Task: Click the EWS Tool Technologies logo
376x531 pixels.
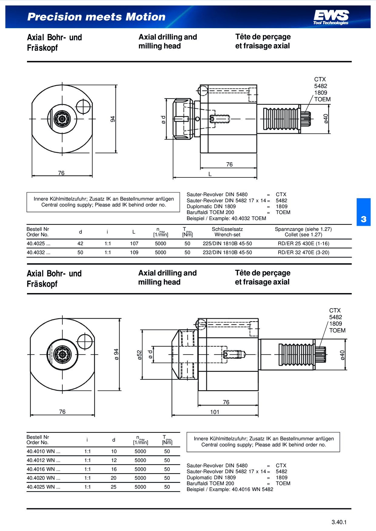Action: (x=331, y=17)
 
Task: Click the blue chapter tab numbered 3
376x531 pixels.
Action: (x=364, y=212)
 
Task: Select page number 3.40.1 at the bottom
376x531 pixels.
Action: (x=339, y=522)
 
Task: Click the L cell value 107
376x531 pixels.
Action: (x=134, y=243)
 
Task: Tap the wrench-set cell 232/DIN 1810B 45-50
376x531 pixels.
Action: (x=227, y=252)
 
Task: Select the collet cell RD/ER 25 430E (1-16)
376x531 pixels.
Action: (x=303, y=243)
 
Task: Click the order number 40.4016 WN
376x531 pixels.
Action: (x=43, y=469)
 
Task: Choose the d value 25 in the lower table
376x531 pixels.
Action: (x=113, y=487)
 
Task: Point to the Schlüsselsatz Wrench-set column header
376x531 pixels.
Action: (x=227, y=232)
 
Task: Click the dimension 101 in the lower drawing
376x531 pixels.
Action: (x=214, y=412)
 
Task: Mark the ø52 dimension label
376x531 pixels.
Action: (x=139, y=355)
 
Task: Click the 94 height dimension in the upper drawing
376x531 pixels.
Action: (x=113, y=119)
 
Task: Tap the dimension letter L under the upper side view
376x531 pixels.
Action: (x=210, y=174)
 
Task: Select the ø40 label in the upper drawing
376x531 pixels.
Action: (x=326, y=119)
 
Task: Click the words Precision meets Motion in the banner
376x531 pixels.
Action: (x=96, y=17)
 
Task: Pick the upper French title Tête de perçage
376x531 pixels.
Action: (x=263, y=37)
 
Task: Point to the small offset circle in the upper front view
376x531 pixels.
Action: (x=83, y=106)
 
